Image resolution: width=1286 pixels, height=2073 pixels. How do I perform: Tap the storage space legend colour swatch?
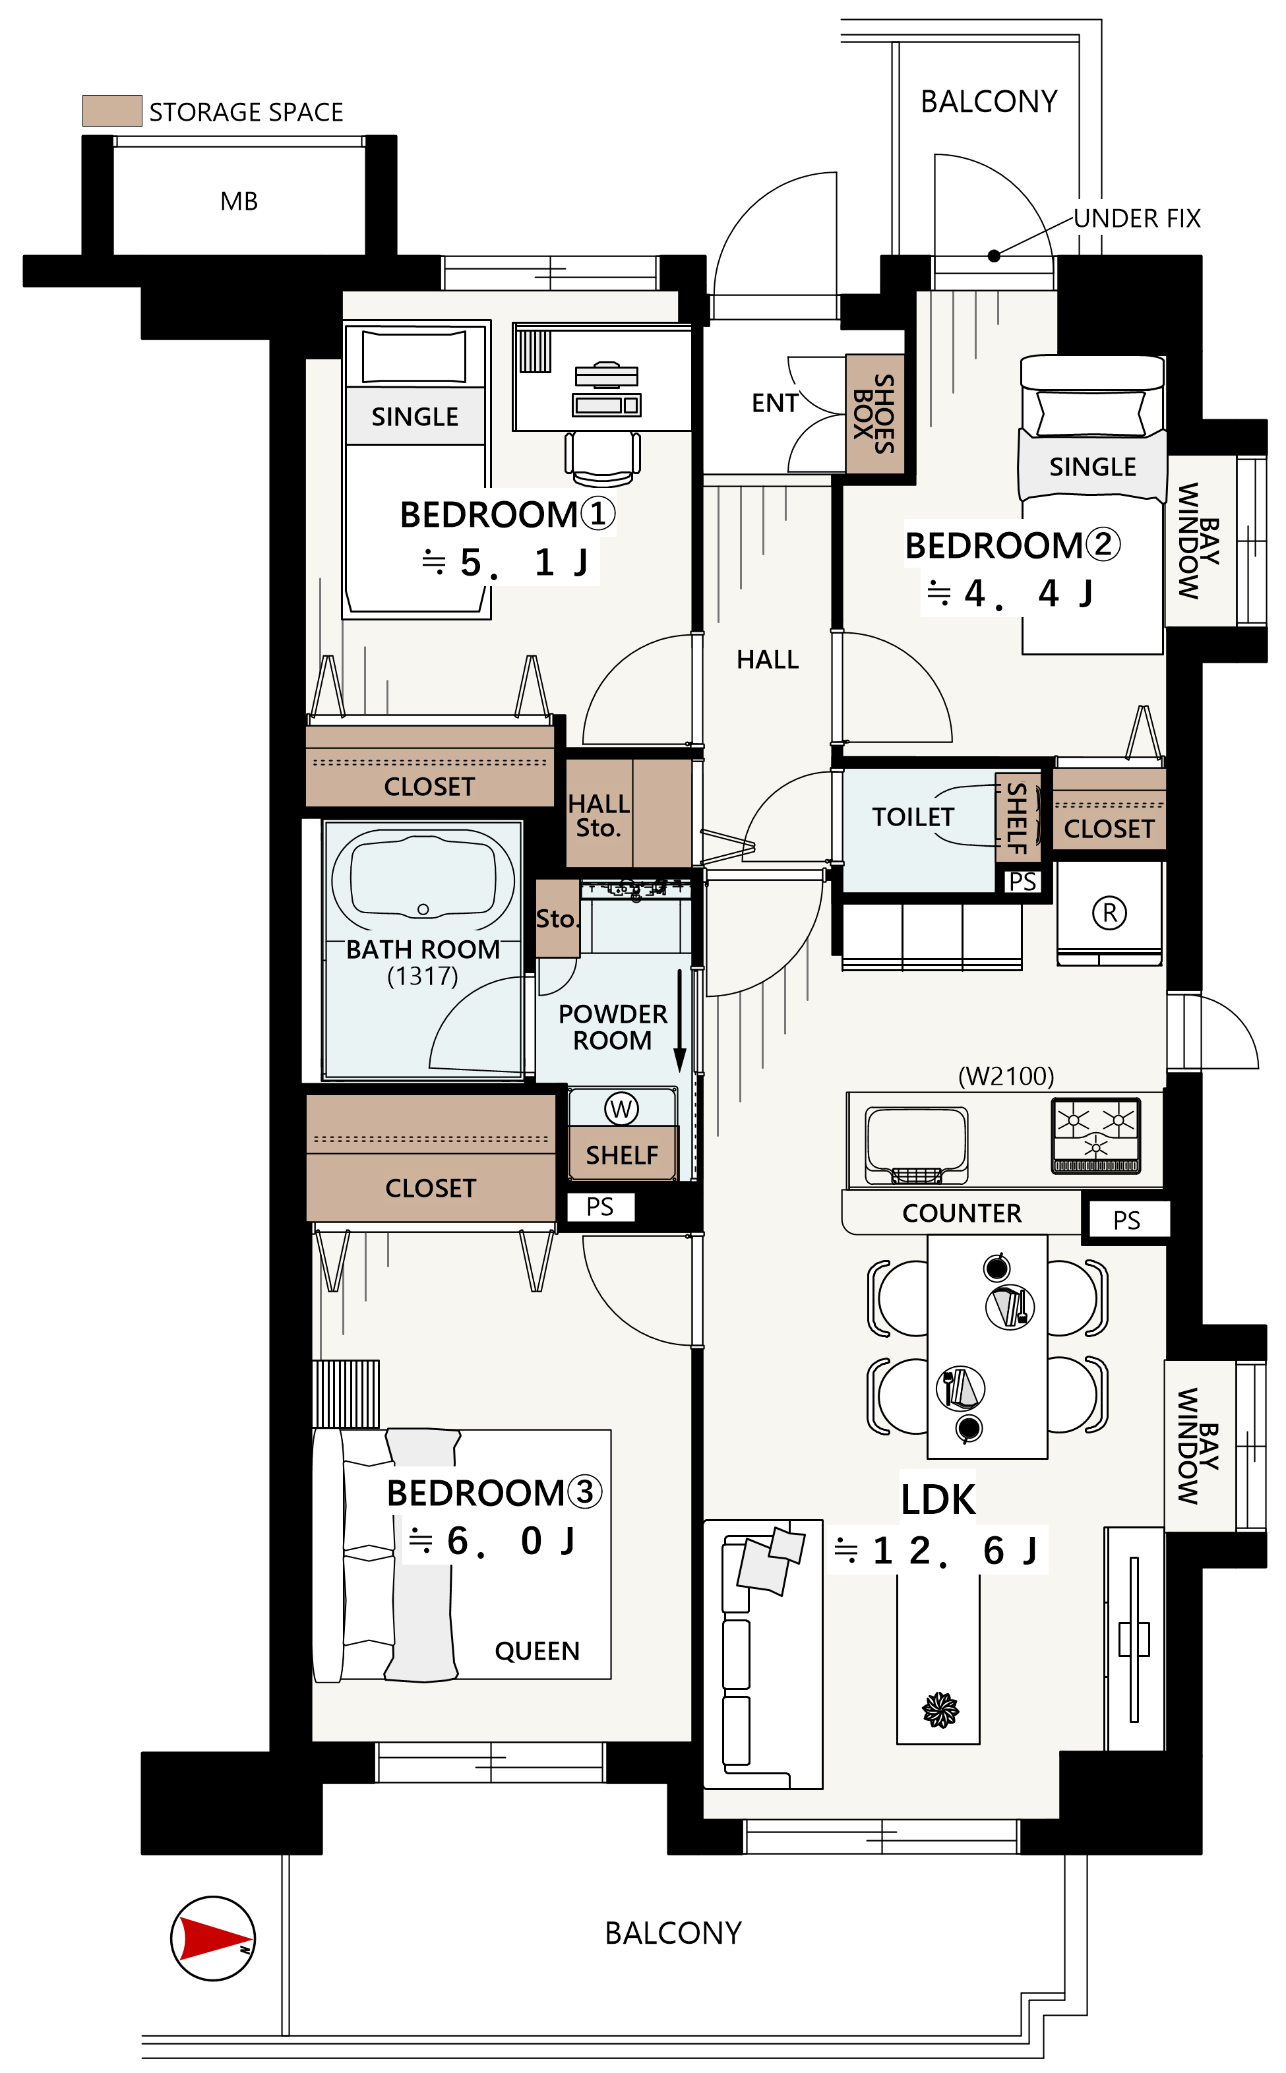[x=111, y=111]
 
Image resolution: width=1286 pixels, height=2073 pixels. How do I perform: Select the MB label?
[x=239, y=202]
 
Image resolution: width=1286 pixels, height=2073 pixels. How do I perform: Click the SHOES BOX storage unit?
[x=874, y=414]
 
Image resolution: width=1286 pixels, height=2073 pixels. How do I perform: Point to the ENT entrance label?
[x=775, y=403]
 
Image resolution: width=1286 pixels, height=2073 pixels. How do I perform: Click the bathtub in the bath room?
[x=423, y=878]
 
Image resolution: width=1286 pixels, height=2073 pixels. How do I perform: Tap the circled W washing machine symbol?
[x=621, y=1108]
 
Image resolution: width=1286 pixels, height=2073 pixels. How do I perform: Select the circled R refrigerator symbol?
[x=1109, y=913]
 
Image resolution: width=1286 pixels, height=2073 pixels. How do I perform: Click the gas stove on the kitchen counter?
[x=1095, y=1135]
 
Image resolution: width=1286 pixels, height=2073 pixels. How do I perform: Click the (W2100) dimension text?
[x=1006, y=1077]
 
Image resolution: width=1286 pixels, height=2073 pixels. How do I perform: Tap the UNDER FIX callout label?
[x=1137, y=218]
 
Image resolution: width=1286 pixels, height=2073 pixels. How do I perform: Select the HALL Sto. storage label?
[x=598, y=816]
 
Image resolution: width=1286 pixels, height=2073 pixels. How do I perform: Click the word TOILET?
[x=913, y=817]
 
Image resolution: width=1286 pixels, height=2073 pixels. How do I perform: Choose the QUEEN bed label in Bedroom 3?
[x=537, y=1651]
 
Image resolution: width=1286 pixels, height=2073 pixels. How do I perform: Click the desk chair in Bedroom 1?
[x=602, y=457]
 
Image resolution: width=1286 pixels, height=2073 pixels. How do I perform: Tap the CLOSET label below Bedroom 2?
[x=1109, y=829]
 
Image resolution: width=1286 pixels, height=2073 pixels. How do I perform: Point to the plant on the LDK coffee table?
[x=940, y=1710]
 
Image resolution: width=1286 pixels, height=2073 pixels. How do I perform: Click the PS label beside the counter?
[x=1126, y=1220]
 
